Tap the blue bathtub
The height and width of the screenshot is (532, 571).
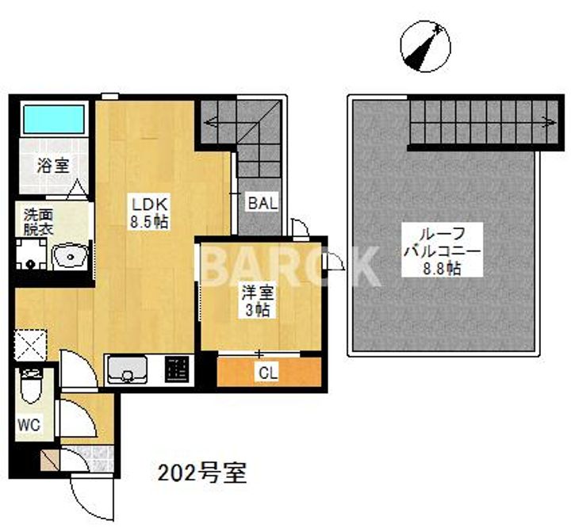(54, 119)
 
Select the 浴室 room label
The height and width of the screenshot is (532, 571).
(55, 166)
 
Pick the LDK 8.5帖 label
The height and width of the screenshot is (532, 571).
(149, 212)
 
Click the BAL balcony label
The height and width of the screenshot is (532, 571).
(262, 203)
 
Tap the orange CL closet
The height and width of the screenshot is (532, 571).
(270, 372)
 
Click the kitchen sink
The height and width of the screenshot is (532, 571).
(127, 369)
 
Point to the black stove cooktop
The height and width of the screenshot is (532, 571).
(176, 369)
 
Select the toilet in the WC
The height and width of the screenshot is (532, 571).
(32, 388)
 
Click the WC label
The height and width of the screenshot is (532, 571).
(29, 424)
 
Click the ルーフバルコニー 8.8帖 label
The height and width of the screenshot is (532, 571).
(442, 250)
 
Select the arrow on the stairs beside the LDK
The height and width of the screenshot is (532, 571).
(211, 123)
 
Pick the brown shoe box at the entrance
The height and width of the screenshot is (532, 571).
(48, 460)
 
